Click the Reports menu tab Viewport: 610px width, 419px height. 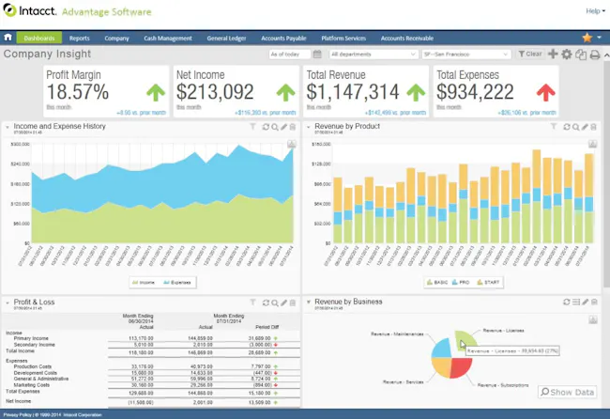point(79,39)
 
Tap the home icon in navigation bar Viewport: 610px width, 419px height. point(8,39)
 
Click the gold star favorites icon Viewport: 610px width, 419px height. point(587,38)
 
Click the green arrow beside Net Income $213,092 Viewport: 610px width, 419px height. point(286,92)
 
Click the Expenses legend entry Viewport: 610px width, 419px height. point(181,281)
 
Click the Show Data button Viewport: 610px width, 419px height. point(569,392)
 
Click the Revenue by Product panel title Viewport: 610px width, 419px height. point(347,126)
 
